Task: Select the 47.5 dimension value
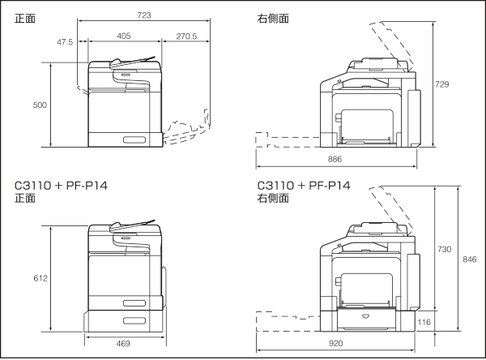click(x=66, y=41)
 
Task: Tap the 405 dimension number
click(x=124, y=36)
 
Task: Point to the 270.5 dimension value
click(x=185, y=36)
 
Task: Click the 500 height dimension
click(x=40, y=105)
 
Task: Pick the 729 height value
click(x=442, y=84)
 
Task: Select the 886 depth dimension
click(x=335, y=158)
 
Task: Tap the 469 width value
click(x=124, y=344)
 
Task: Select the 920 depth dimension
click(x=349, y=344)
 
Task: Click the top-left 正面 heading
click(x=24, y=18)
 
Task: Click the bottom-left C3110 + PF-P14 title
click(x=61, y=186)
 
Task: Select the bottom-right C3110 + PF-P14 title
click(x=303, y=186)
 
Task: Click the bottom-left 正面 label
click(x=24, y=198)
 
